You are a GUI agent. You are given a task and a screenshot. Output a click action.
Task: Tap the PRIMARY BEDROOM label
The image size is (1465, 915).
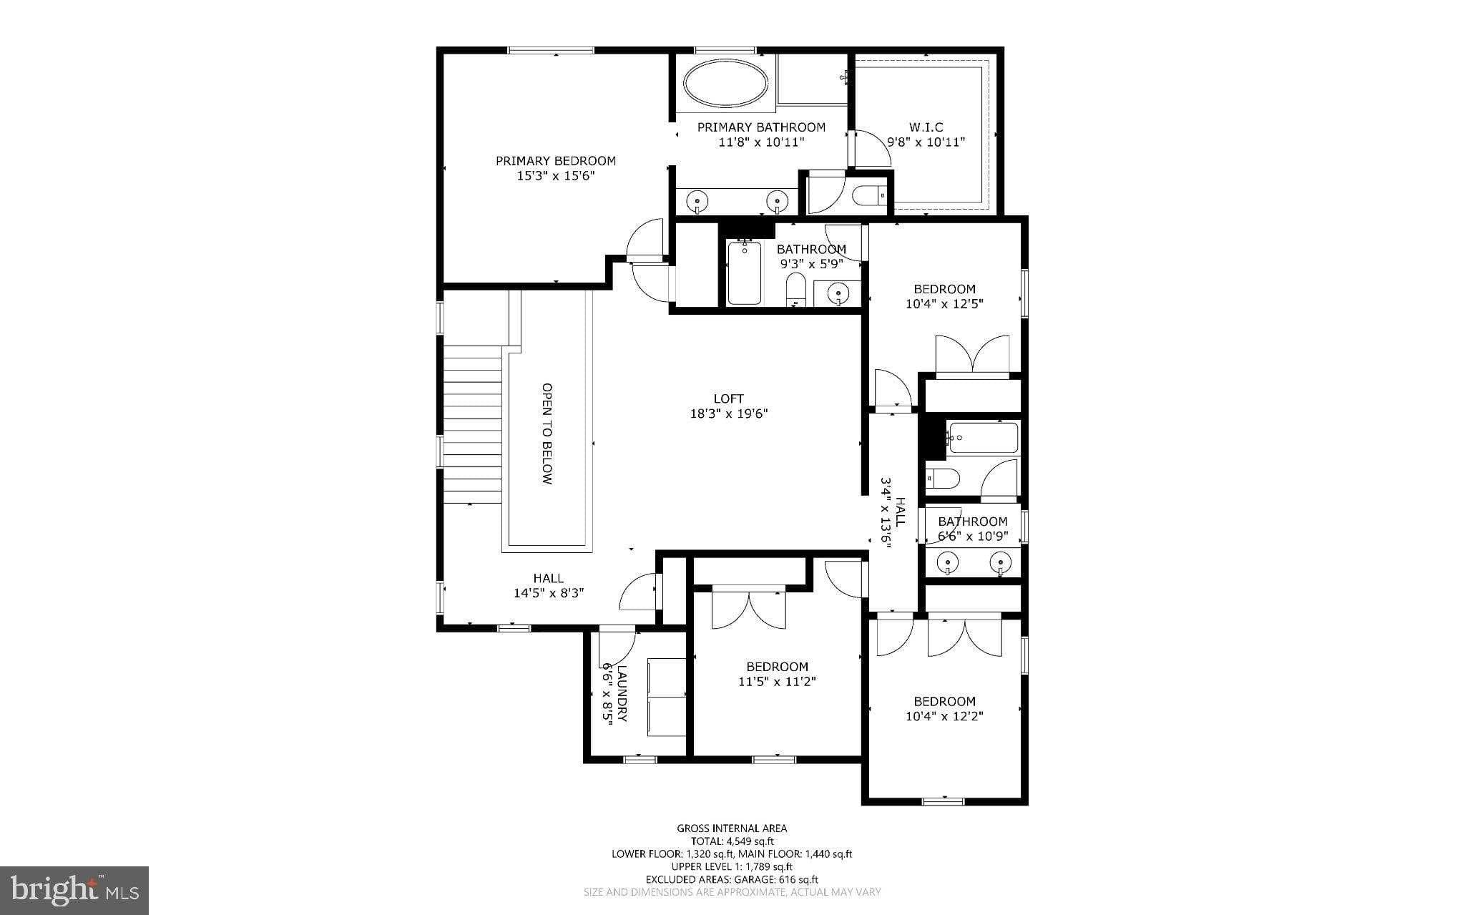pyautogui.click(x=556, y=161)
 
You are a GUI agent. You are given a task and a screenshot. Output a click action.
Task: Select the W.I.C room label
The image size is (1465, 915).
pyautogui.click(x=926, y=127)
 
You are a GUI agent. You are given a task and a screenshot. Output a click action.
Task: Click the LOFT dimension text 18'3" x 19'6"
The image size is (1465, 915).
pyautogui.click(x=728, y=414)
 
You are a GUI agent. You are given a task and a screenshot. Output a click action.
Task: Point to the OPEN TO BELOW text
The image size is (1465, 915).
pyautogui.click(x=547, y=434)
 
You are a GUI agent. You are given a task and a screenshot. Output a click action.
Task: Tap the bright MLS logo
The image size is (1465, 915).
pyautogui.click(x=74, y=889)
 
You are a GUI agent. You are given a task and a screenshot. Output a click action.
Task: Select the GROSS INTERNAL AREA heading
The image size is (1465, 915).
pyautogui.click(x=732, y=828)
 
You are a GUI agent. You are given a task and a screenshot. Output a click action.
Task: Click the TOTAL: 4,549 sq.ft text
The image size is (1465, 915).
pyautogui.click(x=732, y=841)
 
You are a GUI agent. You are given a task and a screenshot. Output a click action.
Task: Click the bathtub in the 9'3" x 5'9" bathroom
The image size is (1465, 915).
pyautogui.click(x=744, y=273)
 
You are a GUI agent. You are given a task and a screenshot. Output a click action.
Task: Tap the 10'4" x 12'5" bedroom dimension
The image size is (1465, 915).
pyautogui.click(x=944, y=303)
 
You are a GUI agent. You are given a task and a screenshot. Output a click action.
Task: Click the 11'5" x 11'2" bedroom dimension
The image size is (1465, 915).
pyautogui.click(x=777, y=682)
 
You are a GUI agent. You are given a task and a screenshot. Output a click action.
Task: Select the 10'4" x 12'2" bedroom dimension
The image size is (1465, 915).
pyautogui.click(x=944, y=716)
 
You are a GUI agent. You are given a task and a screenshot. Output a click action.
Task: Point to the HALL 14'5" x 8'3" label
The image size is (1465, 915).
pyautogui.click(x=549, y=586)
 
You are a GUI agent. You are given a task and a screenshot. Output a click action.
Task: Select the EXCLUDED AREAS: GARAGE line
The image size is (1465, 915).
pyautogui.click(x=732, y=879)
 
